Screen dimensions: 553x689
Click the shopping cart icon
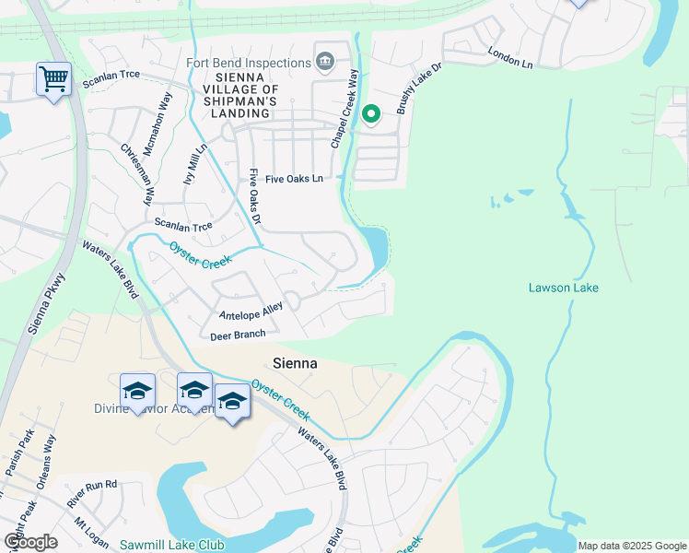tap(54, 79)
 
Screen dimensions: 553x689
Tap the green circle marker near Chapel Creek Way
tap(371, 114)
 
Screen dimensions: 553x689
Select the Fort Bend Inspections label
tap(248, 63)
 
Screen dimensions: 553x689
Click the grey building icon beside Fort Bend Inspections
tap(324, 62)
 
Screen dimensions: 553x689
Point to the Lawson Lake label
tap(563, 288)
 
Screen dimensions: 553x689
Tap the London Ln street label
tap(510, 59)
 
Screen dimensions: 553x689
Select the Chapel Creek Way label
tap(342, 111)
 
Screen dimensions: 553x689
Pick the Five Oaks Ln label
tap(294, 179)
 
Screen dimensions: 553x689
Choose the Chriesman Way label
tap(136, 174)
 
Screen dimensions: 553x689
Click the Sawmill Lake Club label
tap(171, 545)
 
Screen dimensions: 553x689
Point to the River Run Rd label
tap(92, 493)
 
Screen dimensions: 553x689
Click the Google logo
tap(30, 542)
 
